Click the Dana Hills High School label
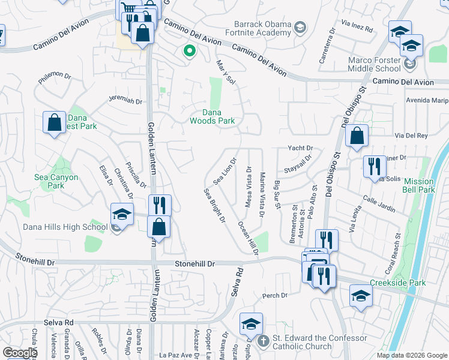pos(56,227)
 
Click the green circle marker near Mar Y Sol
pos(190,52)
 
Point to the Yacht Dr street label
pos(301,148)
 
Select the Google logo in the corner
pos(20,353)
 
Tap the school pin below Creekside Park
pos(361,295)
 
